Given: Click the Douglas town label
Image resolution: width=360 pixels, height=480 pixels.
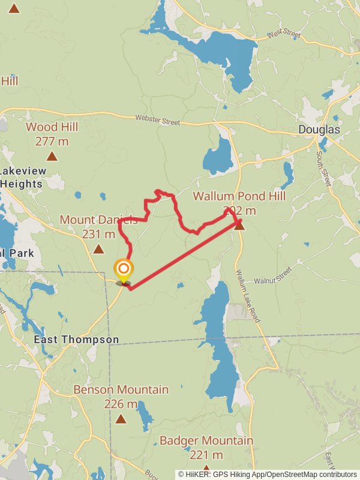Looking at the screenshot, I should tap(319, 130).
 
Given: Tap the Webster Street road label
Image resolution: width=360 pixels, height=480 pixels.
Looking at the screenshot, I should tap(157, 120).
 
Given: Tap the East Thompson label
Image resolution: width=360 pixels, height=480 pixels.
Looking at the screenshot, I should tap(76, 340).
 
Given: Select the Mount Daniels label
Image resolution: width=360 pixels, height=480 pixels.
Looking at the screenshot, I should tap(98, 220).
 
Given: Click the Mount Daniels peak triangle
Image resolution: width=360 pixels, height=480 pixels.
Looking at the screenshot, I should tap(98, 249).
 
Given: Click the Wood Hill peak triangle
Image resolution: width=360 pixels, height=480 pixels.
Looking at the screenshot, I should tap(52, 157).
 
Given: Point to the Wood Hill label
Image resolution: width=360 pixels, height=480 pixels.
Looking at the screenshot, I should tap(52, 127).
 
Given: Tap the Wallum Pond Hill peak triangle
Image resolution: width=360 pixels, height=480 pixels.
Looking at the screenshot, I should tap(239, 226).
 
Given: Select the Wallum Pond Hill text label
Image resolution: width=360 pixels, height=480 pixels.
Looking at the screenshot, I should tap(239, 196).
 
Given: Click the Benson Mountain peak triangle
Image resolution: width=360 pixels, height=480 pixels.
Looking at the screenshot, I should tap(121, 419).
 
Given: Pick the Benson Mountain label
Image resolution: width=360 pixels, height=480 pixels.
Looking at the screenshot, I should tap(121, 390).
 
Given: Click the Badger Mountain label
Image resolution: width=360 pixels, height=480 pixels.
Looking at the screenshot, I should tap(206, 441).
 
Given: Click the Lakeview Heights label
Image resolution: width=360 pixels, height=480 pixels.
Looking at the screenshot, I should tap(23, 178).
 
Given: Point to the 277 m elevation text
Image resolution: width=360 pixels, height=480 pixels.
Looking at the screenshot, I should tap(52, 141).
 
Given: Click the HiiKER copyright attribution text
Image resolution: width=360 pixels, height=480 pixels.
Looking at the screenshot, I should tap(267, 474).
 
